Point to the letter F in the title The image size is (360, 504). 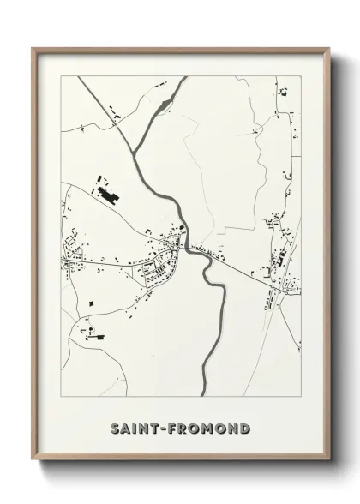pos(174,428)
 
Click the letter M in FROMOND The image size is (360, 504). pos(210,428)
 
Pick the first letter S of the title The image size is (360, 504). pos(115,428)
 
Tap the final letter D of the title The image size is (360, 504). pos(246,428)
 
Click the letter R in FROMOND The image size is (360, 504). pos(185,428)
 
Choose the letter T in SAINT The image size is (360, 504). pos(157,428)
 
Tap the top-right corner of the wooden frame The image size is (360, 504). pos(328,49)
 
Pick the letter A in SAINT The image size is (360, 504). pos(126,428)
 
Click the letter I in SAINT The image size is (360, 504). pos(135,428)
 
